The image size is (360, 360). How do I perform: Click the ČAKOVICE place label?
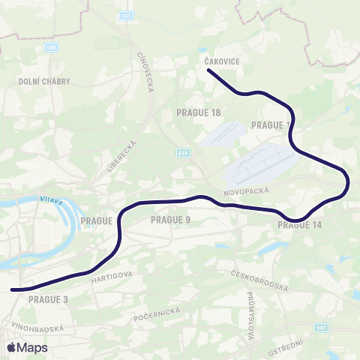(221, 62)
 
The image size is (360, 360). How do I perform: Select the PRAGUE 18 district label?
(199, 112)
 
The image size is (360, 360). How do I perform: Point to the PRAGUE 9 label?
(172, 220)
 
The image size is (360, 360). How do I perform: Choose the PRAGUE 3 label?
(48, 298)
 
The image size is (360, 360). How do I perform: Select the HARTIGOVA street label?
(112, 277)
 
